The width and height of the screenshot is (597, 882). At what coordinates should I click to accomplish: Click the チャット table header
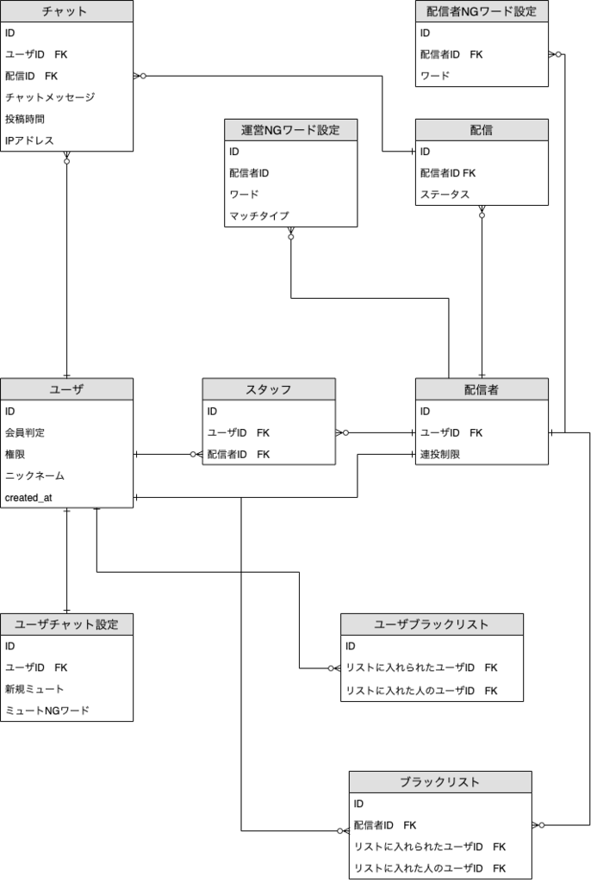click(x=66, y=11)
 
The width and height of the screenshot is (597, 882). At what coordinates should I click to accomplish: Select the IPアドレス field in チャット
click(x=29, y=140)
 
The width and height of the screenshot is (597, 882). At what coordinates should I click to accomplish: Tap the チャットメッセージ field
click(x=50, y=97)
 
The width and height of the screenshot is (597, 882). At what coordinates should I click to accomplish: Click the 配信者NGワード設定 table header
click(x=482, y=11)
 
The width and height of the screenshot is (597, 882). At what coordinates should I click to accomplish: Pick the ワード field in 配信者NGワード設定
click(x=435, y=76)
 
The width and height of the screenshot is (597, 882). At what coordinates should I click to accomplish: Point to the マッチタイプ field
click(x=258, y=216)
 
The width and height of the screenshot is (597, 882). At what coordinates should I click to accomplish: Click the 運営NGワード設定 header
click(x=290, y=130)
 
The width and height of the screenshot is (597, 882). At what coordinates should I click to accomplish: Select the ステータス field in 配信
click(x=445, y=195)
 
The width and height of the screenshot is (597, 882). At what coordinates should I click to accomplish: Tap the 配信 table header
click(x=482, y=130)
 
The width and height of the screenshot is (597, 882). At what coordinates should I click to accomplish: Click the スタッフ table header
click(x=269, y=389)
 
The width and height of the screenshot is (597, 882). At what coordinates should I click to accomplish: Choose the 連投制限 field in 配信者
click(x=439, y=454)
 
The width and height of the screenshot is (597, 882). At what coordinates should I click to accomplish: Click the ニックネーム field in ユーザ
click(x=34, y=475)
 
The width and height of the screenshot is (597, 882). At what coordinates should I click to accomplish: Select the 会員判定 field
click(x=25, y=432)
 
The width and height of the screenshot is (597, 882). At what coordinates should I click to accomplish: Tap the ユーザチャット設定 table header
click(x=66, y=624)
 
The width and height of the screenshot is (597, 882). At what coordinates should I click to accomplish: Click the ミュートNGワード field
click(x=47, y=711)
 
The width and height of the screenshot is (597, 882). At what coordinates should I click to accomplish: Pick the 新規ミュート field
click(x=34, y=689)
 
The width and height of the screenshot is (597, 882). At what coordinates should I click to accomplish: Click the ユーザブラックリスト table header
click(x=432, y=624)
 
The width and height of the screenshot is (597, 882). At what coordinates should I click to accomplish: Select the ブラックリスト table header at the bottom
click(x=440, y=782)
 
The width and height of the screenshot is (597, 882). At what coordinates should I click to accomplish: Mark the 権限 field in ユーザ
click(x=15, y=454)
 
